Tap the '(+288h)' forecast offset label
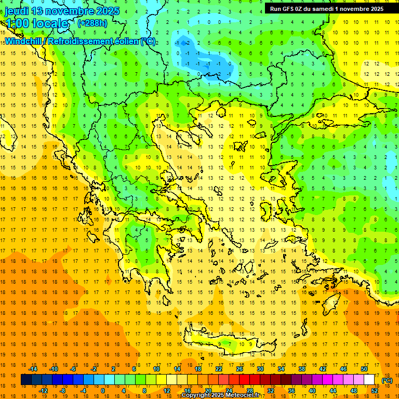[92, 23]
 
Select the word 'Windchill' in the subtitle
[25, 41]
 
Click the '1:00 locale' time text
[36, 23]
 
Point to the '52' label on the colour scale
[374, 391]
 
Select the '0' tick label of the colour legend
[102, 391]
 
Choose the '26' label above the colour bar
[240, 369]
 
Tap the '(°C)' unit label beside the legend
[387, 380]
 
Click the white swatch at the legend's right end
[374, 380]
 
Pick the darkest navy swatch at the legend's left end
[26, 380]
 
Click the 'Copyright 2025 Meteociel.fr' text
[220, 395]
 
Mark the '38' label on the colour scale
[302, 369]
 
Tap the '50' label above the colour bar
[364, 369]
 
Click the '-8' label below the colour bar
[63, 391]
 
